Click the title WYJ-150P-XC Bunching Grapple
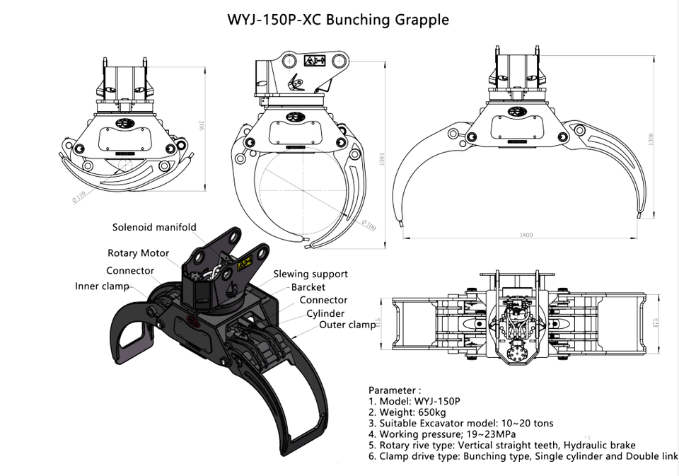(x=337, y=20)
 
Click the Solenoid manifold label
(x=155, y=227)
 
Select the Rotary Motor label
(x=138, y=253)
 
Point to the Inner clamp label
(x=103, y=286)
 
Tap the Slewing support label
(x=311, y=274)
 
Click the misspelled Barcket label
(x=308, y=287)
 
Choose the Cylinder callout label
(x=325, y=313)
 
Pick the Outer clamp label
(x=347, y=325)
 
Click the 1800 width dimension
(x=527, y=235)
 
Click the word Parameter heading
(x=395, y=390)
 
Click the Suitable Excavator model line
(x=460, y=423)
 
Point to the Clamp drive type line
(x=523, y=457)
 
